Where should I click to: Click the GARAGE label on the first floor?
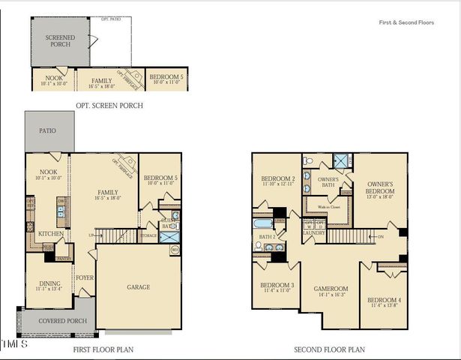[x=138, y=286]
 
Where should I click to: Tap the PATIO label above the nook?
[x=48, y=130]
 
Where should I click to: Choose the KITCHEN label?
[x=50, y=234]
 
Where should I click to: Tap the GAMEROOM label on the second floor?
[x=331, y=287]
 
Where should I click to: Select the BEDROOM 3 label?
[x=277, y=286]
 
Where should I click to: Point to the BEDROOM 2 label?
[x=277, y=178]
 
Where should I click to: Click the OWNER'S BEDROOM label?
[x=381, y=187]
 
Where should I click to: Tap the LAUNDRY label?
[x=313, y=232]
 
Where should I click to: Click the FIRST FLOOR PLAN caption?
[x=103, y=349]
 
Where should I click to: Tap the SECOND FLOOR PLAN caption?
[x=329, y=349]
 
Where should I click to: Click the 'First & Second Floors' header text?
[x=406, y=23]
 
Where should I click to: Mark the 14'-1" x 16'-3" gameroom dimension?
[x=331, y=295]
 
